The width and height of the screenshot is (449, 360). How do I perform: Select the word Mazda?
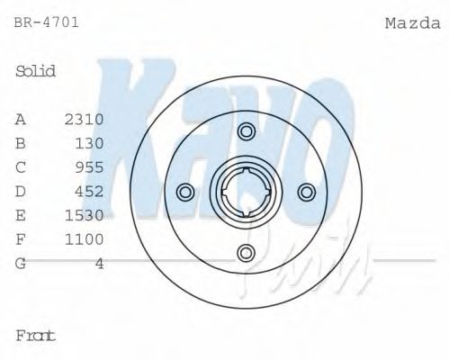click(409, 22)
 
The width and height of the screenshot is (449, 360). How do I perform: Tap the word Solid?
click(36, 71)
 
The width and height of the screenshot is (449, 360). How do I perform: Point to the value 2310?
click(85, 119)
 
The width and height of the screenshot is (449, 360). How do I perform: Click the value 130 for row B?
click(91, 143)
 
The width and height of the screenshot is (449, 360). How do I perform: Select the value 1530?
click(85, 215)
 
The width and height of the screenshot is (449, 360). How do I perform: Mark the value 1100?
click(85, 238)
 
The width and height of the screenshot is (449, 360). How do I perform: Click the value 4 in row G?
click(99, 263)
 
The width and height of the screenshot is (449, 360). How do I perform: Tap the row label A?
click(21, 119)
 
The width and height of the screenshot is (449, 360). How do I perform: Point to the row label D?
click(21, 191)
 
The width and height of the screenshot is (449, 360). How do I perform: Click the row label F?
click(21, 238)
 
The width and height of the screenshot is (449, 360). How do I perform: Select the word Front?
click(36, 335)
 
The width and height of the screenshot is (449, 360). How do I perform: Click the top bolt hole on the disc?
click(246, 132)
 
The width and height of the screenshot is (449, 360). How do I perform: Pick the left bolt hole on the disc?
click(186, 192)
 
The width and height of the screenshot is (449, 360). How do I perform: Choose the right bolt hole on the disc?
click(305, 192)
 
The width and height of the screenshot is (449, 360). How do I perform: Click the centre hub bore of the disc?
click(246, 192)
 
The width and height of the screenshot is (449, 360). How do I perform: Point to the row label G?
click(21, 263)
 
